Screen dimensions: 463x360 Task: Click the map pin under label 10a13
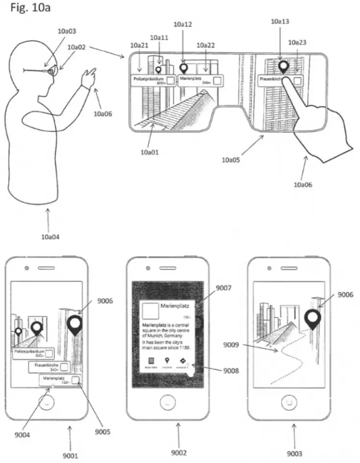click(284, 66)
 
